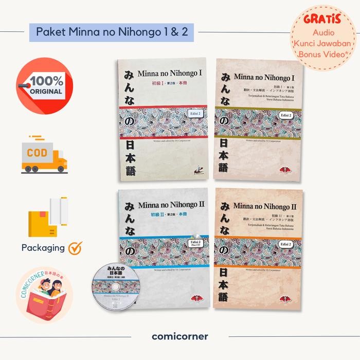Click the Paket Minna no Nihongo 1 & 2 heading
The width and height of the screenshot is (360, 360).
coord(112,31)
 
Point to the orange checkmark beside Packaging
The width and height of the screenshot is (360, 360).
coord(75,247)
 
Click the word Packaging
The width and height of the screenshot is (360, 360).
coord(43,247)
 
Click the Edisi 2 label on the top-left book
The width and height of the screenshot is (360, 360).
coord(193,116)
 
